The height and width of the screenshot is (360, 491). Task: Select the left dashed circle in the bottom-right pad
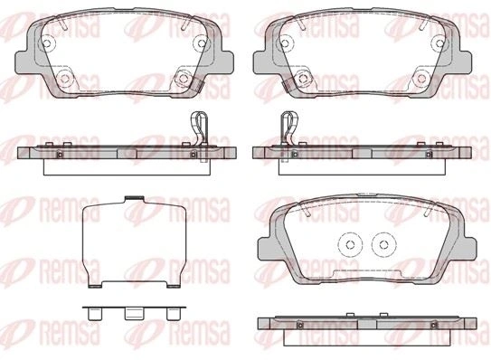point(351,243)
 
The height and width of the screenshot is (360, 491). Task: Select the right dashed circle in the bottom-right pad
point(383,243)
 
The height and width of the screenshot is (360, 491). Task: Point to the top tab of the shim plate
point(135,198)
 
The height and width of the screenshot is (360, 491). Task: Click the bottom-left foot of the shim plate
point(95,286)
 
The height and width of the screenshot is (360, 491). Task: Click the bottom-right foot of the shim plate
point(174,286)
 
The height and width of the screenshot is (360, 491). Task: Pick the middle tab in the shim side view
point(134,314)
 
